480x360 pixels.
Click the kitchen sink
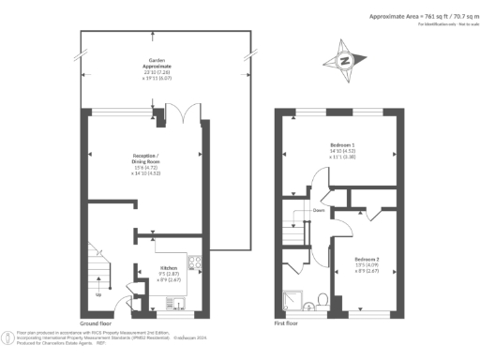[174, 301]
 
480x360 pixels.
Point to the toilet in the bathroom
[322, 300]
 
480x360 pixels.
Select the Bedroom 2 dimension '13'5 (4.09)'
[367, 264]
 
